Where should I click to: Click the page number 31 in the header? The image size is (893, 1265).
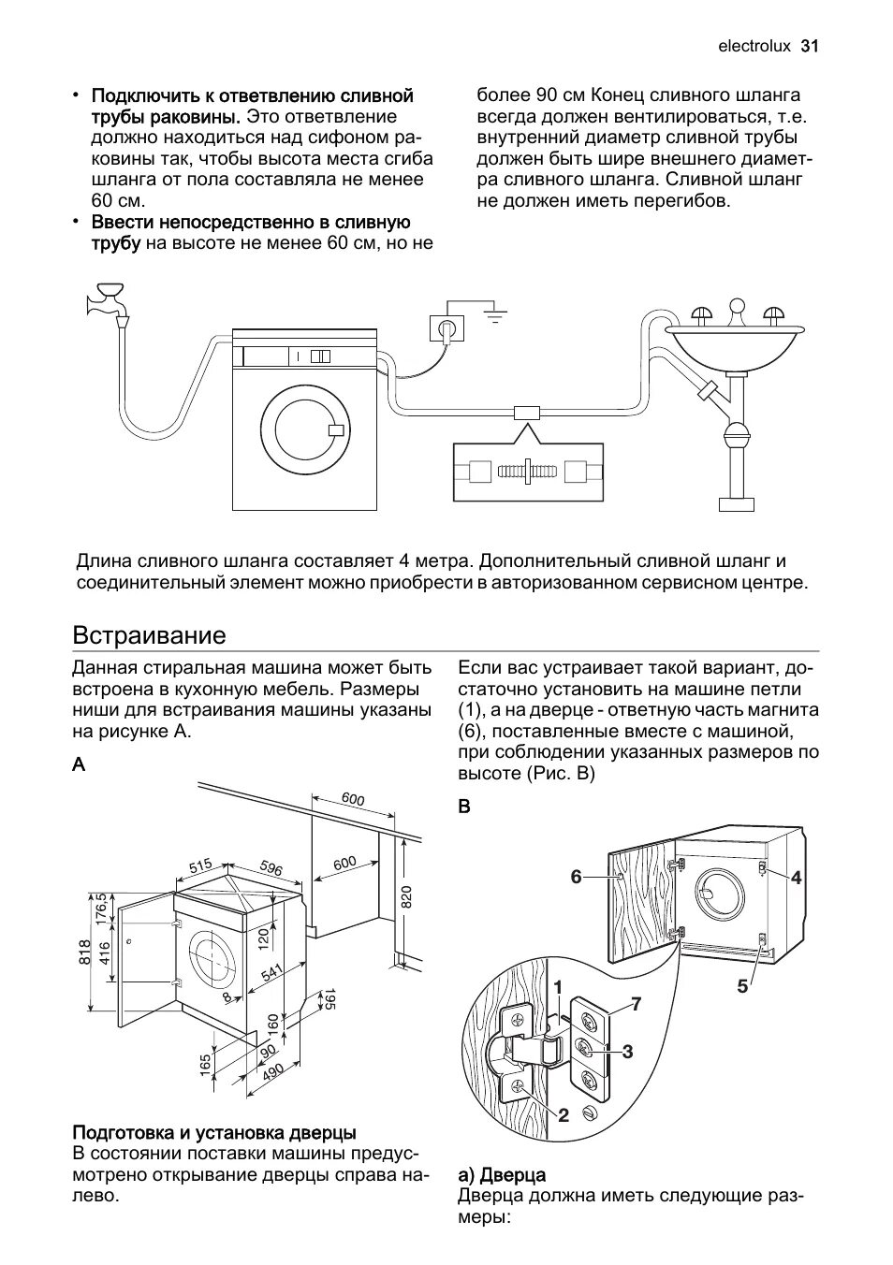pyautogui.click(x=810, y=46)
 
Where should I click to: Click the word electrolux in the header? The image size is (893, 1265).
pyautogui.click(x=754, y=46)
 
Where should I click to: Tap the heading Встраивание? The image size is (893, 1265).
pyautogui.click(x=150, y=635)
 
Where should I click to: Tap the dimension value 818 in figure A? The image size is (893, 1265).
pyautogui.click(x=84, y=952)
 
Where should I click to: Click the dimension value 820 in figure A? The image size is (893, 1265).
pyautogui.click(x=405, y=896)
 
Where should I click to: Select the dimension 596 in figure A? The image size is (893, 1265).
pyautogui.click(x=271, y=868)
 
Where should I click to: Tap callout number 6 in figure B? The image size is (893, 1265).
pyautogui.click(x=577, y=877)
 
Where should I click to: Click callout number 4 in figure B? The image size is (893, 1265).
pyautogui.click(x=796, y=877)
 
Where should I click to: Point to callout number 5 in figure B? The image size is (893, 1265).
pyautogui.click(x=742, y=985)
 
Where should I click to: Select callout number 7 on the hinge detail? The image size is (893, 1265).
pyautogui.click(x=636, y=1004)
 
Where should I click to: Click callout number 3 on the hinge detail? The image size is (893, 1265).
pyautogui.click(x=627, y=1052)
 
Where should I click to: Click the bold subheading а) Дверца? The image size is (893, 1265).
pyautogui.click(x=502, y=1174)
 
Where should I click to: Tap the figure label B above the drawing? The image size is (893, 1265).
pyautogui.click(x=464, y=807)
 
